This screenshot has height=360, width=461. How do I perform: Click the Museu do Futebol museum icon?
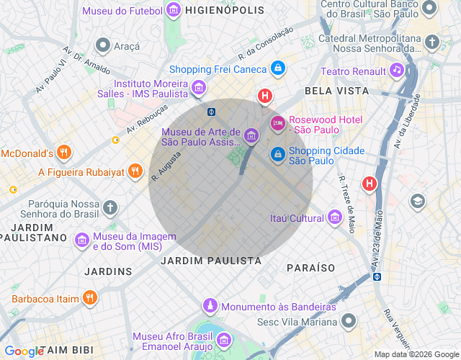pos(174,10)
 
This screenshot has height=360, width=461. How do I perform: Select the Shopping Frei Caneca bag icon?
pos(278,69)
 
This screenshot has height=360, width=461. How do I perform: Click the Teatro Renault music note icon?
pos(396,70)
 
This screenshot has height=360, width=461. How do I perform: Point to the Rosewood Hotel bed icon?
pos(277,124)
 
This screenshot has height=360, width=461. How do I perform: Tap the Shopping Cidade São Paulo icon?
pos(277,155)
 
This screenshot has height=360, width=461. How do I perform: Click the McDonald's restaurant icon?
pos(64,153)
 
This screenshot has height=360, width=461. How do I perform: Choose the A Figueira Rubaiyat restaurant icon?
pos(135,171)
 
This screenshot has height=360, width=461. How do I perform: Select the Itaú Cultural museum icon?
pos(334,217)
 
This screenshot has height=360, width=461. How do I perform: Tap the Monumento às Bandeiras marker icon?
pos(210,306)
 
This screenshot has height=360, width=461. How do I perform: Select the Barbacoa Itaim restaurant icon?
pos(89,297)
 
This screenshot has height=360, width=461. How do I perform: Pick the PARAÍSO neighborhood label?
pos(310,267)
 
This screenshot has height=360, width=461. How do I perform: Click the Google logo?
pos(24,351)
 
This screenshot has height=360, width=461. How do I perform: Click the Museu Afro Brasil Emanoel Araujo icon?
pos(224,339)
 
